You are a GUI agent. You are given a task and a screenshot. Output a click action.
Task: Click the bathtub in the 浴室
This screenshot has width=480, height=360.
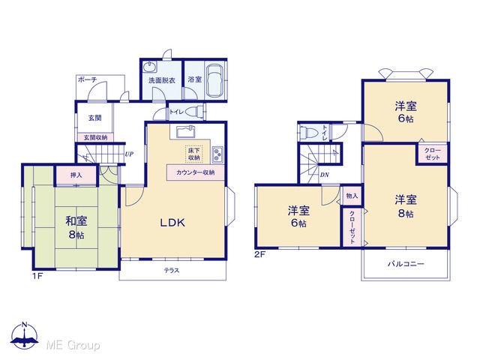click(215, 80)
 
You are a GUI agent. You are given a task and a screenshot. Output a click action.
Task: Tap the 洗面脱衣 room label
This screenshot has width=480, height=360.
click(162, 80)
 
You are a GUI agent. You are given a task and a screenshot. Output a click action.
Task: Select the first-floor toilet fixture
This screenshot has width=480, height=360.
click(194, 112)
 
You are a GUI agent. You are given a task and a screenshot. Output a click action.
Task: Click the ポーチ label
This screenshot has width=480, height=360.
click(87, 79)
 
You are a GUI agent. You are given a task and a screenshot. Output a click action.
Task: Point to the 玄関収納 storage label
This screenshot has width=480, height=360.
click(95, 138)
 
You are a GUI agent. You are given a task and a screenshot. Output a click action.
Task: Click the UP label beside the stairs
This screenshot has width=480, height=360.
click(129, 154)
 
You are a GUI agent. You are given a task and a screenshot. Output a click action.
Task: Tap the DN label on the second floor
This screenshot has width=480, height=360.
click(325, 175)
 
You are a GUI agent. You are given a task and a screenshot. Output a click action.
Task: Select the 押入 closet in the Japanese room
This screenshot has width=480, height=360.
click(76, 175)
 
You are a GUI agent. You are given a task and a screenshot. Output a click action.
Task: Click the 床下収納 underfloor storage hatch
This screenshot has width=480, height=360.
click(193, 154)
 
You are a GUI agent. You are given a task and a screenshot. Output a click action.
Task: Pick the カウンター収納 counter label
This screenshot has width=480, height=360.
click(195, 172)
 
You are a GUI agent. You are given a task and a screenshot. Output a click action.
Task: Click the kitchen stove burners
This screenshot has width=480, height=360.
click(217, 154)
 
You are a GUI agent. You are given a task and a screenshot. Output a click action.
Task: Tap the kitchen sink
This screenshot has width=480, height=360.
click(186, 132)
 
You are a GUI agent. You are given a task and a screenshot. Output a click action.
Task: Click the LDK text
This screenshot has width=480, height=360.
click(172, 223)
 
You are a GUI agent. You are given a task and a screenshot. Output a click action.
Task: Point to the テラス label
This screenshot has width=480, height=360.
click(172, 270)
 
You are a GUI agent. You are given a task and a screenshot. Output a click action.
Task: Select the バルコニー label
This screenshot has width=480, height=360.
click(406, 263)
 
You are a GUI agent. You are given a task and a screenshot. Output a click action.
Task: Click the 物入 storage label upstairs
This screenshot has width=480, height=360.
click(352, 195)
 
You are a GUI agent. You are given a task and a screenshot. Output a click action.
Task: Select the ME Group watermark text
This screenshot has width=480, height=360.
click(73, 346)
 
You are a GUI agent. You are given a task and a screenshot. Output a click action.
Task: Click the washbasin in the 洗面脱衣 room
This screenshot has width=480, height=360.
click(150, 67)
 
